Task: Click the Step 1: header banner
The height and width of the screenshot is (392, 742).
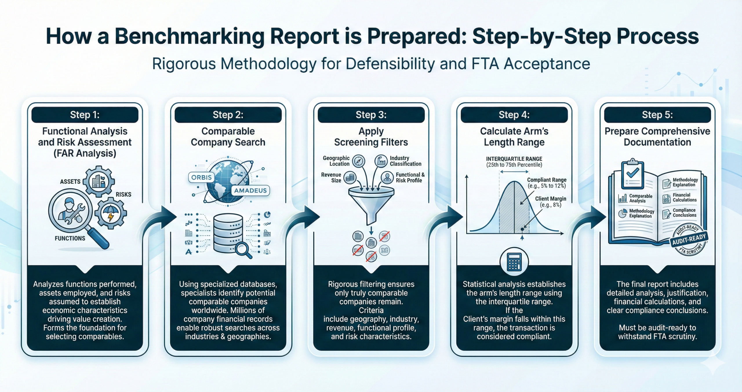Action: click(85, 115)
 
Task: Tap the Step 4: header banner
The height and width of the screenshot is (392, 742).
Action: click(514, 115)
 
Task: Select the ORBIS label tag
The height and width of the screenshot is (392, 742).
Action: click(201, 177)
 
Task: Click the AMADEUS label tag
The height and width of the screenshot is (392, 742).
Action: click(250, 190)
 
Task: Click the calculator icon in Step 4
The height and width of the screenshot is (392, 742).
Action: click(514, 262)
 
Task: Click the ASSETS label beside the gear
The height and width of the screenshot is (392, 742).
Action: click(70, 182)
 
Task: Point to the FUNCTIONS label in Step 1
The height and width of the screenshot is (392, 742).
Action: click(70, 238)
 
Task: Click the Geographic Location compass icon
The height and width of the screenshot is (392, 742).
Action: click(359, 161)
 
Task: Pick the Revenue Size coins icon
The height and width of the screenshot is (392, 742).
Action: click(350, 177)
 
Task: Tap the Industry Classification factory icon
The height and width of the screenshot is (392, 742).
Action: click(381, 161)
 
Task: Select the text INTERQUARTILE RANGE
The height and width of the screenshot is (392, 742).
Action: click(514, 159)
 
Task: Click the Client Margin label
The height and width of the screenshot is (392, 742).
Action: click(550, 199)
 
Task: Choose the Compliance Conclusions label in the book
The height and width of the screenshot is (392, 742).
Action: click(684, 213)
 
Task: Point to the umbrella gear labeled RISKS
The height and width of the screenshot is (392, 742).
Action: click(110, 213)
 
